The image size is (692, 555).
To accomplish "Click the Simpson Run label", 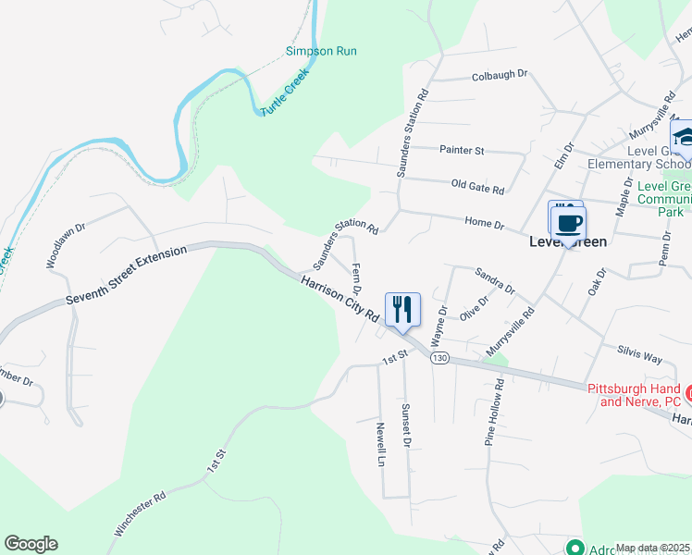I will (321, 52).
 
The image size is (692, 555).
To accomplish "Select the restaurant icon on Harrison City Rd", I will (402, 308).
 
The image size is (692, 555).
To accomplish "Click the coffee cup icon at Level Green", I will (568, 223).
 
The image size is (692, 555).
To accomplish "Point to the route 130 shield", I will (439, 358).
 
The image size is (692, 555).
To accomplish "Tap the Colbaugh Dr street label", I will (499, 75).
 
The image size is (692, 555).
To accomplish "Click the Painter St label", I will (461, 150).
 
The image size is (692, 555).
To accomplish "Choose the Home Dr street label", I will (484, 224).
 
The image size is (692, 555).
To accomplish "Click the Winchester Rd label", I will (140, 514).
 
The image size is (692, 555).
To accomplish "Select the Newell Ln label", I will (380, 445).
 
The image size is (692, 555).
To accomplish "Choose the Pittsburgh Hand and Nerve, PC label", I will (635, 395).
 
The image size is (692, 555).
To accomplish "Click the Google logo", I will (31, 544).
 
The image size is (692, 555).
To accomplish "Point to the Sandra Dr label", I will (494, 281).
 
